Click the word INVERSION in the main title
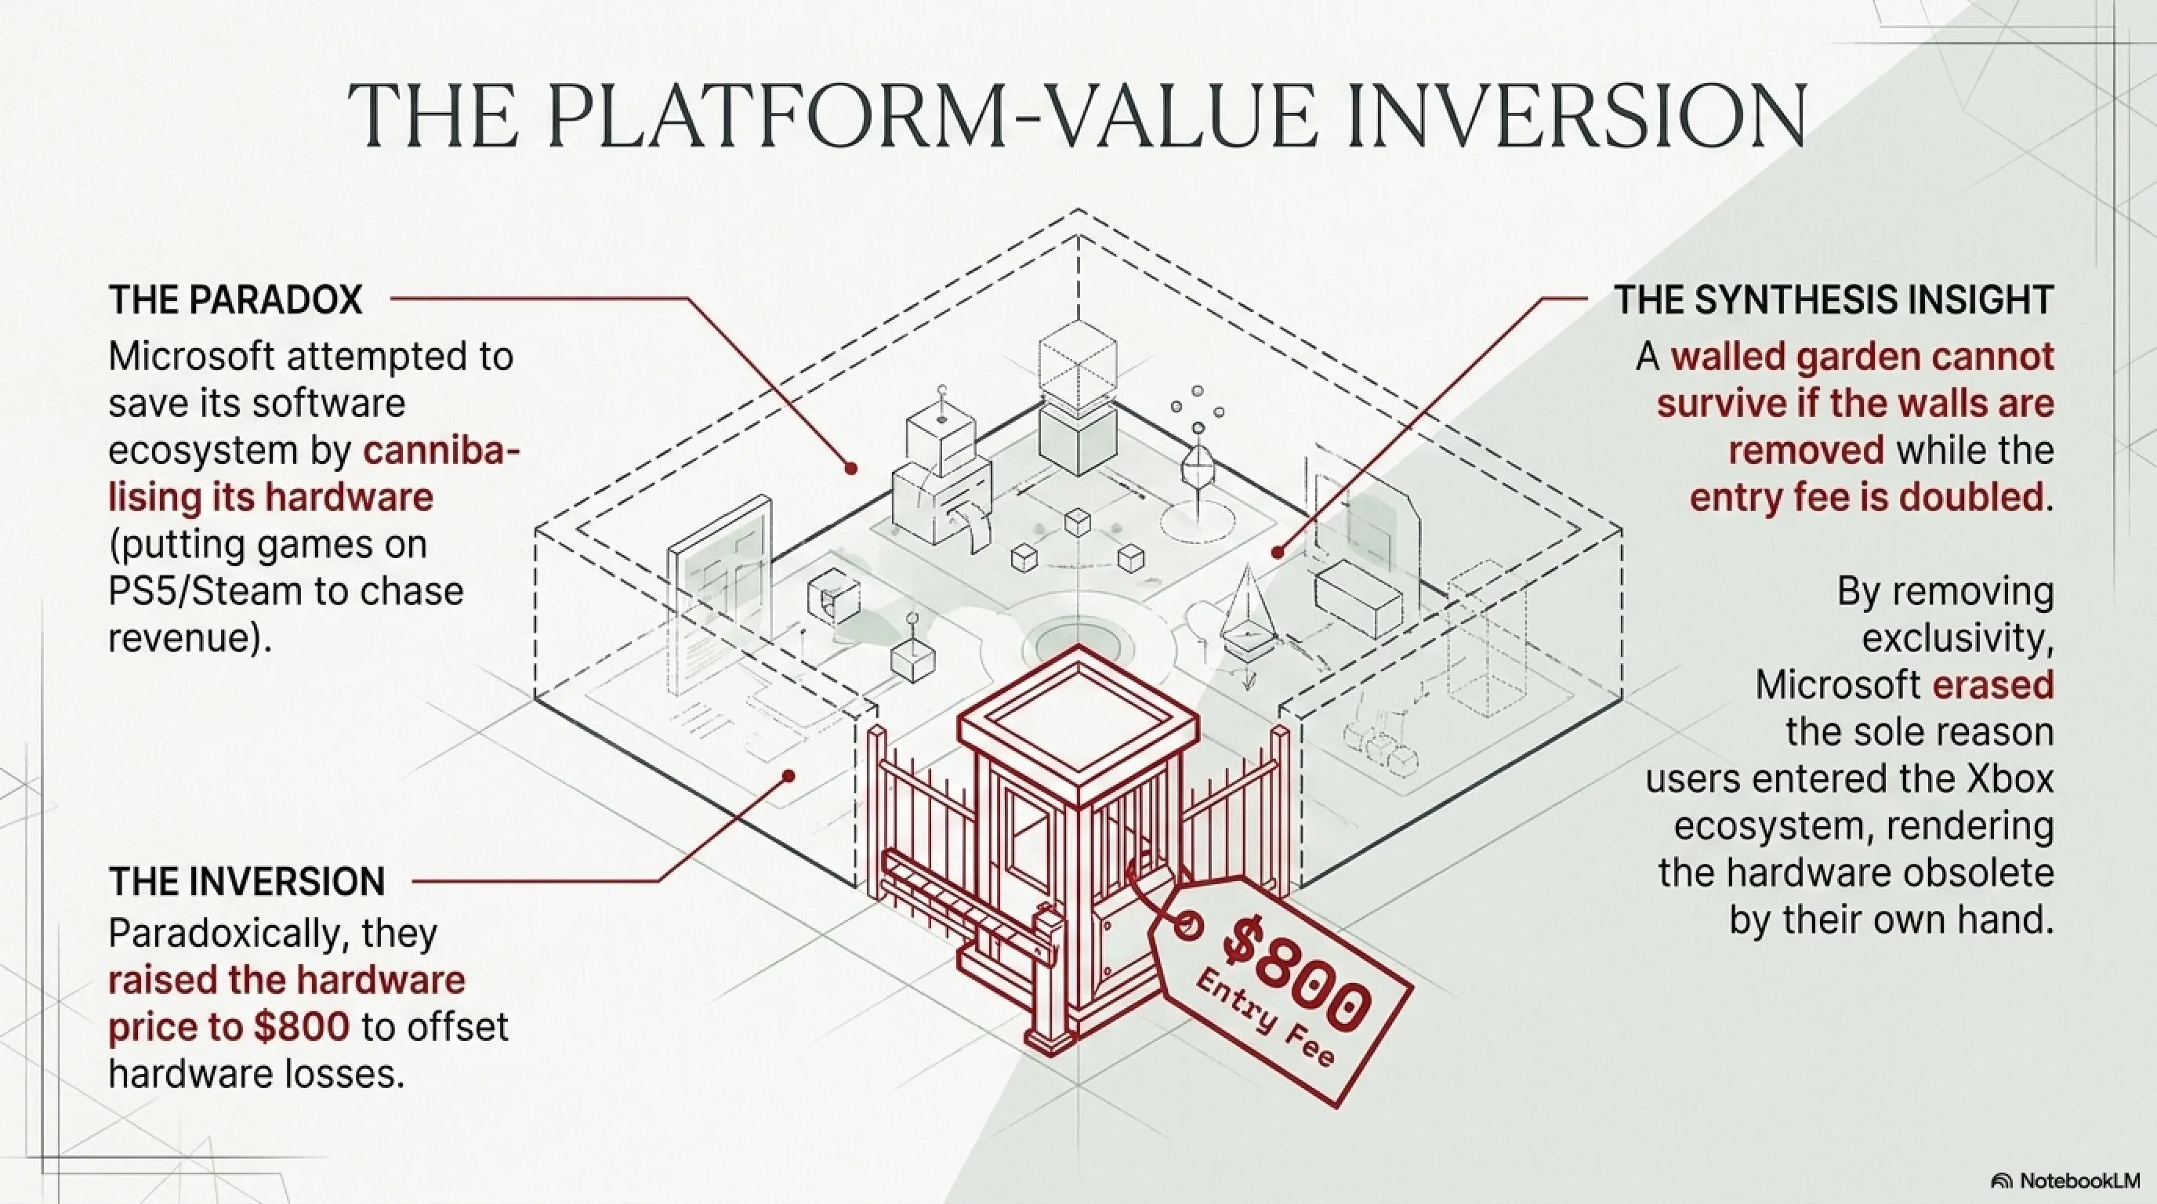coord(1574,118)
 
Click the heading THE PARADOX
coord(235,299)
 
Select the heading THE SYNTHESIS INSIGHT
coord(1834,299)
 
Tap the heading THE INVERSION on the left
coord(247,882)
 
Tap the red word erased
coord(1993,686)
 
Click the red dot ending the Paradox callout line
coord(850,469)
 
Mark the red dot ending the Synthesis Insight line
coord(1278,553)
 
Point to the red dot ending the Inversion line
coord(787,776)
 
